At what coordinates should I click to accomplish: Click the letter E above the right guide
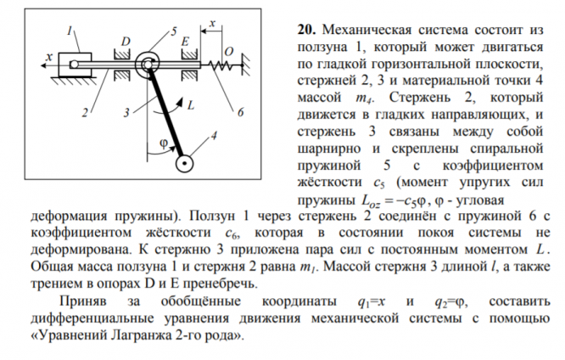[x=185, y=41]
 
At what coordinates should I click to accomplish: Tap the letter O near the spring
[x=227, y=50]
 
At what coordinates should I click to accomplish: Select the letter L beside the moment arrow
[x=191, y=106]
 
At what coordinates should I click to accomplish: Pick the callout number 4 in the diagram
[x=213, y=135]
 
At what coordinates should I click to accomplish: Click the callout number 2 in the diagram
[x=85, y=112]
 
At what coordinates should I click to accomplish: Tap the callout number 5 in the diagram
[x=174, y=31]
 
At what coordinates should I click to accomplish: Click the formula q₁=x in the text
[x=374, y=302]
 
